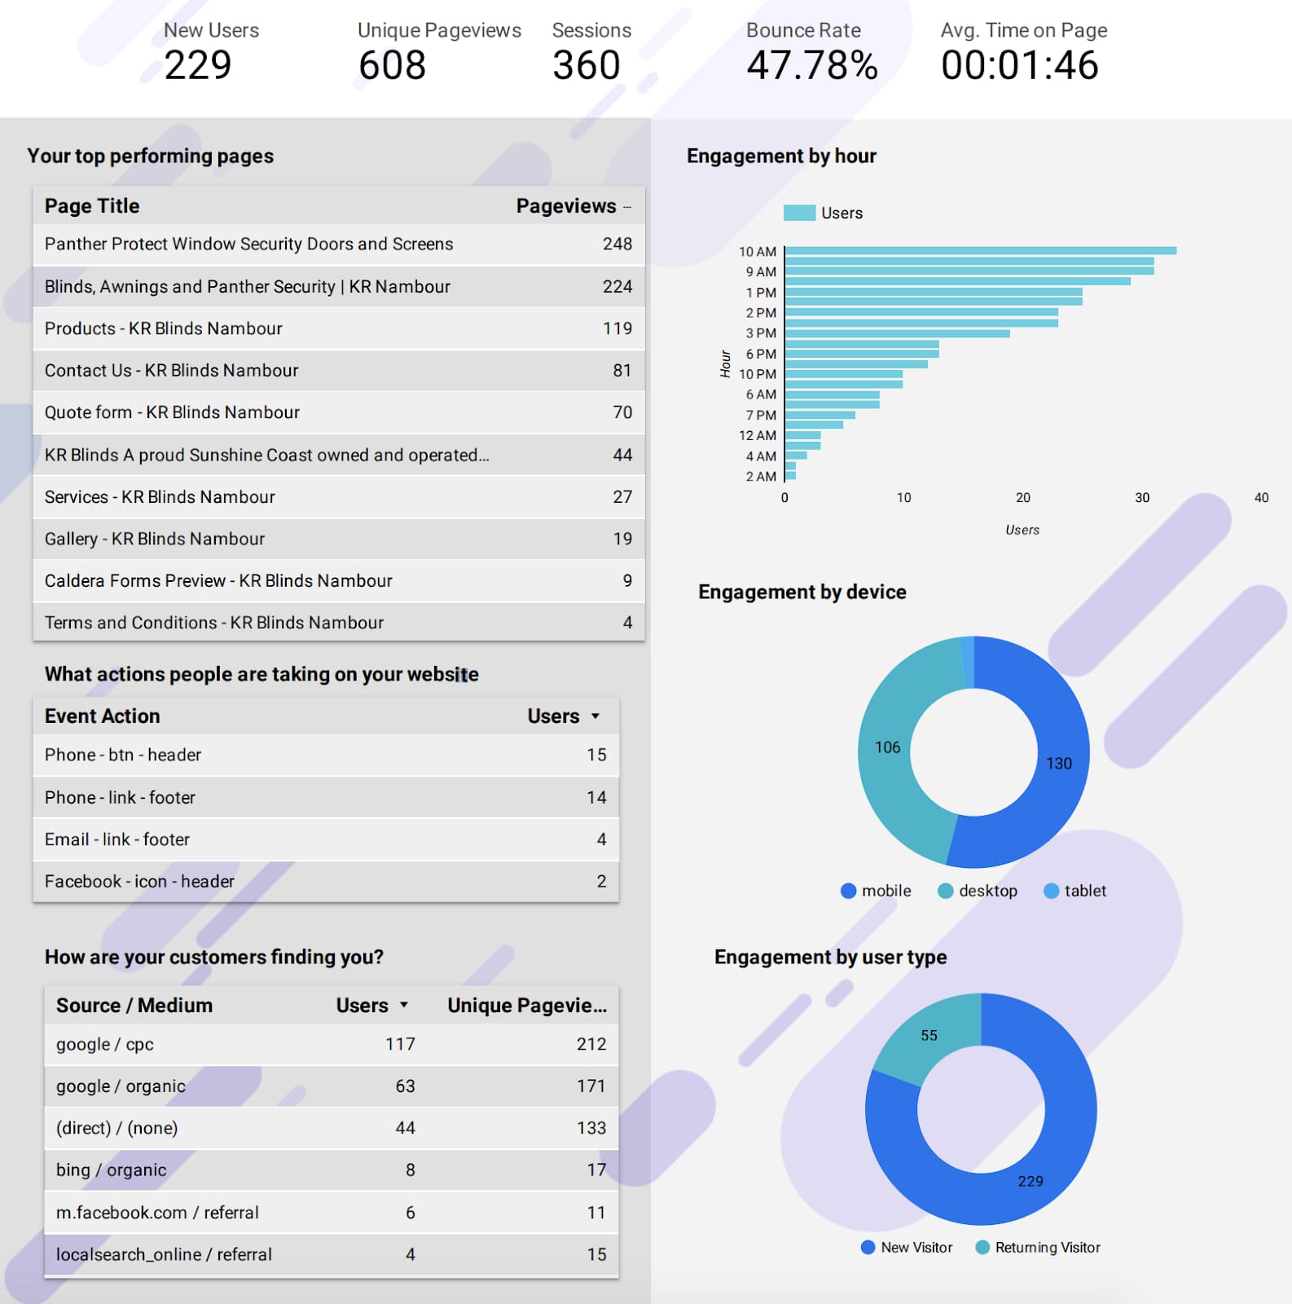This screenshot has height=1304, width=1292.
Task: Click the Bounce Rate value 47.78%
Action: click(812, 65)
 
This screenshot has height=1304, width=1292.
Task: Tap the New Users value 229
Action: click(198, 65)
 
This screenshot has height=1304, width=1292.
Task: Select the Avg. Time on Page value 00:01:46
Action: click(1020, 65)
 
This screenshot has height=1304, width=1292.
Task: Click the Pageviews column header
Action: click(566, 206)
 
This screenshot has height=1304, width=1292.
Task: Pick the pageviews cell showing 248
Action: click(617, 244)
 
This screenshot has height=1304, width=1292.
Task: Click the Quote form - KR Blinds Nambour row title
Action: click(172, 412)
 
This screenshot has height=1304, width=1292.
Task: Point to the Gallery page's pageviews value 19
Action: click(622, 539)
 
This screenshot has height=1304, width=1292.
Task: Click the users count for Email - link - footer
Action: click(601, 839)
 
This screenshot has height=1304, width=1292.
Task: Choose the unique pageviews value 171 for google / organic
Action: click(591, 1086)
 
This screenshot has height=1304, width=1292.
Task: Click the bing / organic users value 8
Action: click(411, 1170)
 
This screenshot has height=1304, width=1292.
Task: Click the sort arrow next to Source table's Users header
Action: click(404, 1006)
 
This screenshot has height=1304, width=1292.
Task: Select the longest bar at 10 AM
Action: click(981, 250)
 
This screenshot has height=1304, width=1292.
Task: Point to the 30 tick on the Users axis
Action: click(1142, 497)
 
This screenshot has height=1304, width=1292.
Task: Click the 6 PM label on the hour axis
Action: click(761, 354)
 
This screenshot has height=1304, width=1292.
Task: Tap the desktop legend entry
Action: click(978, 891)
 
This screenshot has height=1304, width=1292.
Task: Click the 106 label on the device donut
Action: click(887, 747)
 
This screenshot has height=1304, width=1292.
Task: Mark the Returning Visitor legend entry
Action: click(1038, 1248)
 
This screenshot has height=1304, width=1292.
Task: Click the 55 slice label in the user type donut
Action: click(929, 1035)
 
